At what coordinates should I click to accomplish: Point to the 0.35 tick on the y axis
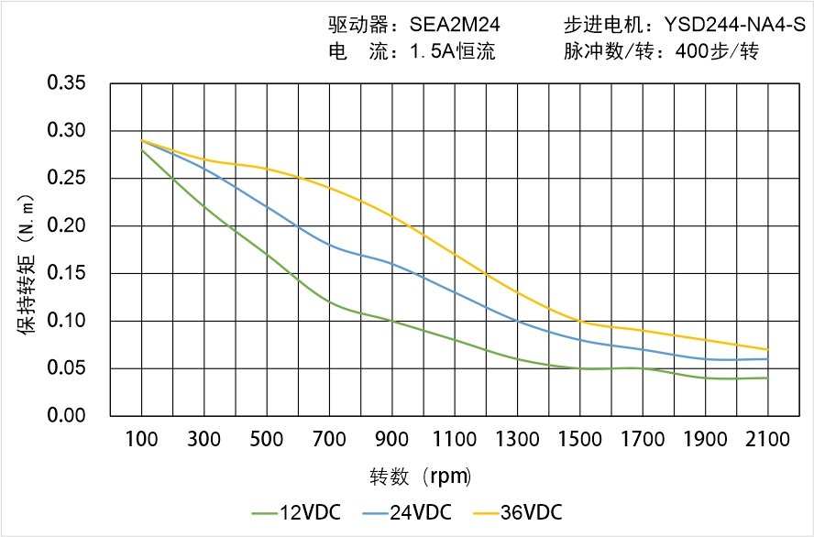click(66, 83)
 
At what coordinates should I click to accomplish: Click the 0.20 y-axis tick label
click(66, 225)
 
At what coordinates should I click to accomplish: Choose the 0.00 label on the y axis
click(66, 416)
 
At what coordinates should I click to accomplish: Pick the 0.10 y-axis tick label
click(66, 321)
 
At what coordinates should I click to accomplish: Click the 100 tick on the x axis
click(141, 440)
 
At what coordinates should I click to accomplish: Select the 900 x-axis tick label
click(392, 440)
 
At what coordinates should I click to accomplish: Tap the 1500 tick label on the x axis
click(579, 440)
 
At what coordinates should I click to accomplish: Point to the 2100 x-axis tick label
click(767, 440)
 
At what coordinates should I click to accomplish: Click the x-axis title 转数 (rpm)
click(421, 477)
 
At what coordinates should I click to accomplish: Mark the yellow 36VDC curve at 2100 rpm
click(767, 349)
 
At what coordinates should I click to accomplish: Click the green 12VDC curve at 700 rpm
click(329, 301)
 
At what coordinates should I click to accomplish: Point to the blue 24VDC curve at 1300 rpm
click(517, 321)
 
